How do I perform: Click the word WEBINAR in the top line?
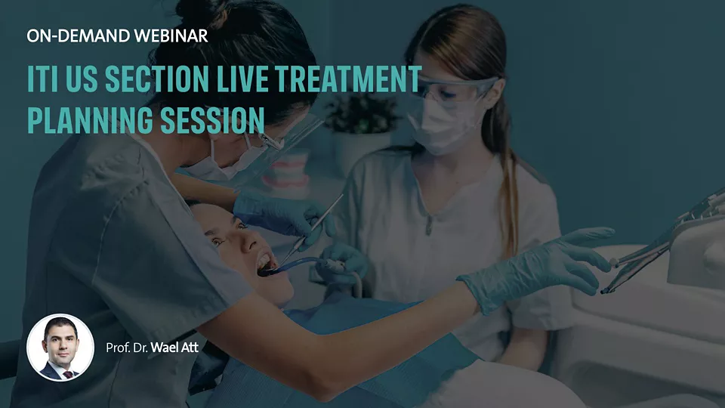171,36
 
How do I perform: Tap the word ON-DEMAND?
78,36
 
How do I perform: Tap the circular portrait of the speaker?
60,348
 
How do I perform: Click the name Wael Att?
174,348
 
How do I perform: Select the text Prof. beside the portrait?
118,348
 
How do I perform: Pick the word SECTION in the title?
157,79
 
